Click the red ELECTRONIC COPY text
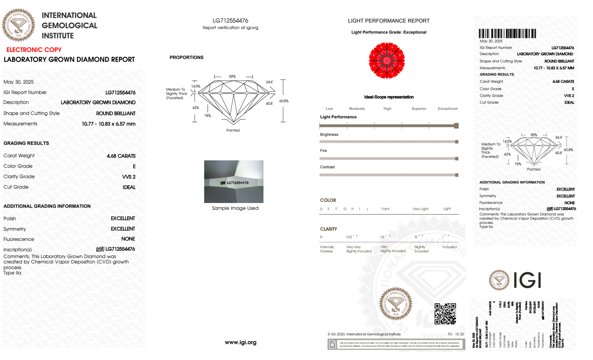point(34,50)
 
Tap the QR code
point(445,314)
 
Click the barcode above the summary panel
point(507,33)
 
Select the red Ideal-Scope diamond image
point(387,60)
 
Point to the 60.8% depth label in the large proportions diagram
point(284,101)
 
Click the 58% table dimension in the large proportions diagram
point(232,76)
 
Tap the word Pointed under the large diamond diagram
point(233,130)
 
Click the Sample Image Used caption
point(235,208)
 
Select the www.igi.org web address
point(240,343)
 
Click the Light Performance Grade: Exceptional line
point(389,32)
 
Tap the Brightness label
point(329,135)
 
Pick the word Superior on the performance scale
point(419,109)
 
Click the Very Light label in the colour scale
point(420,209)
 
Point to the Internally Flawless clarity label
point(327,249)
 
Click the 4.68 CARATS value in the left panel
point(121,156)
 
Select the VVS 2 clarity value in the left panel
point(129,177)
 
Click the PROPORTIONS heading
point(186,57)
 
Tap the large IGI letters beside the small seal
point(527,280)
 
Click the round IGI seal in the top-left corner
point(18,25)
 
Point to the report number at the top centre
point(230,21)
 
